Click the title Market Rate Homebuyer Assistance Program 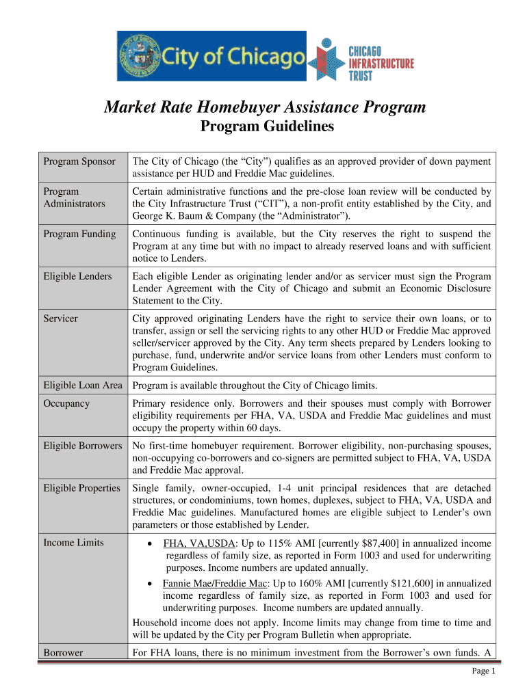coord(264,107)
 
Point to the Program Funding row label coord(80,234)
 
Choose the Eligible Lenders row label coord(78,276)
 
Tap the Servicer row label coord(61,319)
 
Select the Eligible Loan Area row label coord(83,386)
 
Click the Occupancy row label coord(67,403)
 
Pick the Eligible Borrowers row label coord(83,446)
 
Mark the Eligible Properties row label coord(82,488)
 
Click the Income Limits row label coord(74,543)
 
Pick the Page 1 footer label coord(484,671)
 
